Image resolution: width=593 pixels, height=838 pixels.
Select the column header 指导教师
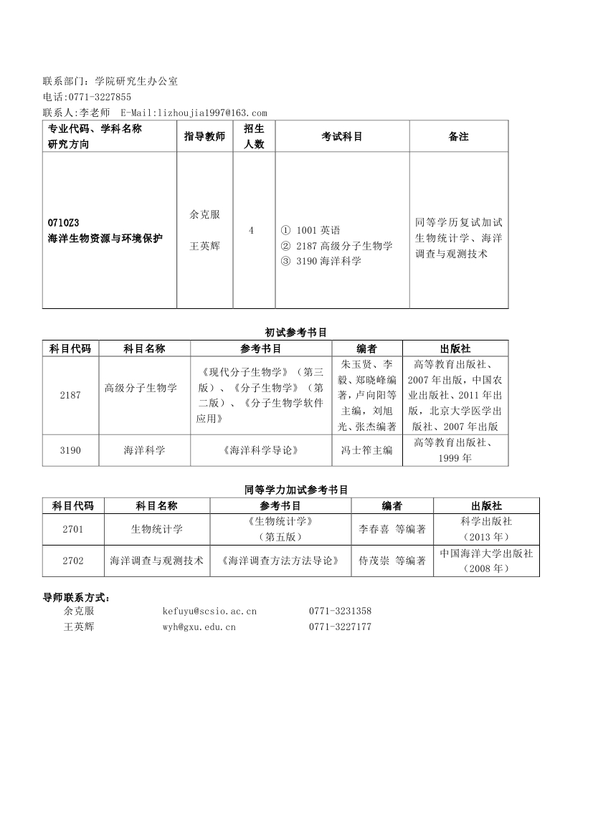[x=204, y=136]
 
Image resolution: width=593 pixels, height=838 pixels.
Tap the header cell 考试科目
[x=342, y=136]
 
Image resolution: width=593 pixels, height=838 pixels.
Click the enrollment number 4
[x=251, y=230]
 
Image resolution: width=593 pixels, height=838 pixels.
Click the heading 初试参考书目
[x=296, y=332]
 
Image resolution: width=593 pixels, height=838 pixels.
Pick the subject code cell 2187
[x=70, y=395]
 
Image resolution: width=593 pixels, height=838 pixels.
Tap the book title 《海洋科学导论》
[x=260, y=450]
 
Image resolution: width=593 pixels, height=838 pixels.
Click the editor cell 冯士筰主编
[x=367, y=450]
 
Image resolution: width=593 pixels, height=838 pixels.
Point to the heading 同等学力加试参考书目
[x=296, y=490]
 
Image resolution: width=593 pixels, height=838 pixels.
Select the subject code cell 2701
[x=73, y=529]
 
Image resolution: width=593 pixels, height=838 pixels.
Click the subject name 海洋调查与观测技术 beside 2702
[x=157, y=561]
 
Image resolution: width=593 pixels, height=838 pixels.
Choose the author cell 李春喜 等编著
[x=392, y=529]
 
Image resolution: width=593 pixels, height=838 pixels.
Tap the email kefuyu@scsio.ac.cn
[x=209, y=611]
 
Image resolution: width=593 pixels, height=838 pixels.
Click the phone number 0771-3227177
[x=340, y=627]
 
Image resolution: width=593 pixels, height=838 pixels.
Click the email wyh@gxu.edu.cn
[x=199, y=627]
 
